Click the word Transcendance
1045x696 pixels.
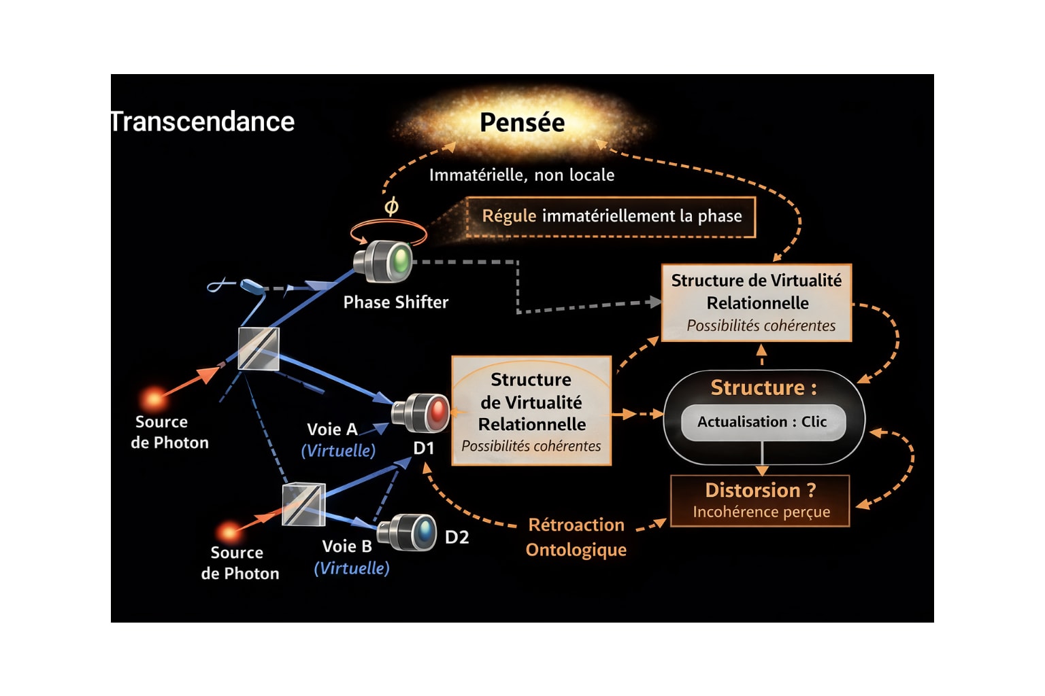pyautogui.click(x=203, y=122)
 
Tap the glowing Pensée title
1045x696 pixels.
pyautogui.click(x=522, y=122)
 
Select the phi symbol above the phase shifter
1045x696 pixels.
pyautogui.click(x=391, y=206)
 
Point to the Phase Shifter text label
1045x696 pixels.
pyautogui.click(x=395, y=302)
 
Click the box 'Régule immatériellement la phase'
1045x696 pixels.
pyautogui.click(x=611, y=217)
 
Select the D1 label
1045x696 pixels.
pyautogui.click(x=423, y=448)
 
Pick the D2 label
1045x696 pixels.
pyautogui.click(x=457, y=538)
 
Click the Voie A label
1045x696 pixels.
pyautogui.click(x=332, y=430)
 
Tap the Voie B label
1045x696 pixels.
pyautogui.click(x=346, y=546)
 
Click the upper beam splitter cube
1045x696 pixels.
pyautogui.click(x=259, y=349)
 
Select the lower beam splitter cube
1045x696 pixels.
pyautogui.click(x=303, y=504)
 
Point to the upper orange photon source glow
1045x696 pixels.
pyautogui.click(x=154, y=398)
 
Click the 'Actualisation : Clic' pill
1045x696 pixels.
pyautogui.click(x=763, y=422)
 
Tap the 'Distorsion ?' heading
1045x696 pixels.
pyautogui.click(x=760, y=490)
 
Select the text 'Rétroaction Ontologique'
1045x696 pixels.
pyautogui.click(x=576, y=537)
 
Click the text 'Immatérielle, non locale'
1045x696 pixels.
pyautogui.click(x=521, y=175)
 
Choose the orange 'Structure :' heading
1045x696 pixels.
pyautogui.click(x=763, y=387)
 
